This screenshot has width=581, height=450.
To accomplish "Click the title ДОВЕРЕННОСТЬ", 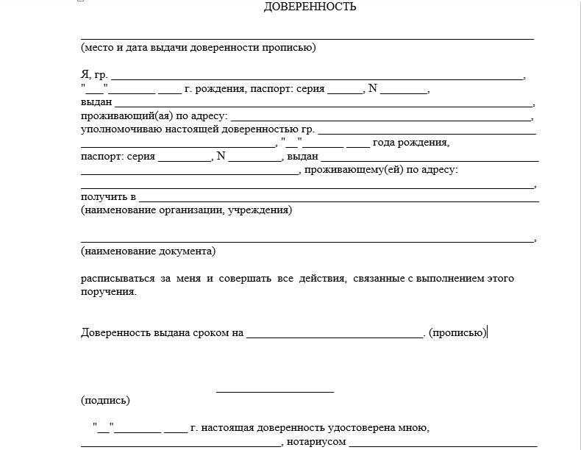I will pos(310,7).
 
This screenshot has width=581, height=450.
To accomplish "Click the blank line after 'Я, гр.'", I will pos(316,77).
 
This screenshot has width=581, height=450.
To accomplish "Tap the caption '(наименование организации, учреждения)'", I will pos(186,210).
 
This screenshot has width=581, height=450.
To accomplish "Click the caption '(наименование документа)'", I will pos(148,251).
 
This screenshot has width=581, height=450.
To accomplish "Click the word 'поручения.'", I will pos(109,292).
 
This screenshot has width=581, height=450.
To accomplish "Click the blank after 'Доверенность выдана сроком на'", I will pos(335,336).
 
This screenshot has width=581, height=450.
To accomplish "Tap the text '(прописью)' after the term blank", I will pos(457,332).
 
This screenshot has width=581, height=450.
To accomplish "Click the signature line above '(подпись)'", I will pos(275,391).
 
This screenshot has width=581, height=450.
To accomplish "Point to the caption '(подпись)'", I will pos(105,401).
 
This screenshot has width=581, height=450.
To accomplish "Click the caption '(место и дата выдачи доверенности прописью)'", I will pos(198,48).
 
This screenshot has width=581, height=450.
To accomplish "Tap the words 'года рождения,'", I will pos(410,143).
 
